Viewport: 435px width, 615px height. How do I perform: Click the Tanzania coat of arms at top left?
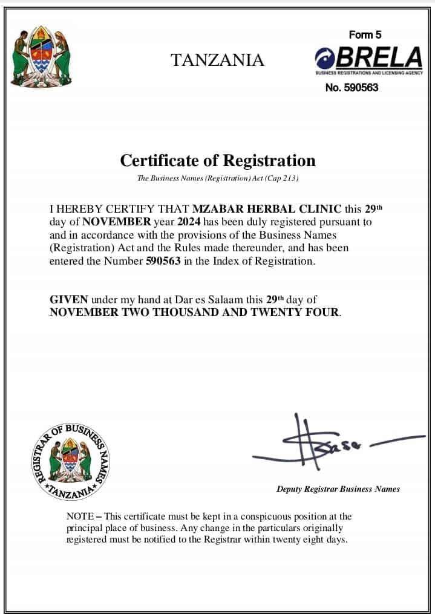41,57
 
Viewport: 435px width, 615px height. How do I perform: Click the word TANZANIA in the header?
217,60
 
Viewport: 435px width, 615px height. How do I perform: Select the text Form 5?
365,35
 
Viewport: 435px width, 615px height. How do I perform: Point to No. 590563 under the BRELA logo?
352,88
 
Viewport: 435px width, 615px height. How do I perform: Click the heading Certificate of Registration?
218,161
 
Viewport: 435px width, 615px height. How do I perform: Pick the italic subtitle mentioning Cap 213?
218,178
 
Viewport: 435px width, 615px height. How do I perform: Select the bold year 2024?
189,222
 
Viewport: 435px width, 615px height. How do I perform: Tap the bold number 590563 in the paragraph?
163,262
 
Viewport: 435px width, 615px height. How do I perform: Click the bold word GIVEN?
68,300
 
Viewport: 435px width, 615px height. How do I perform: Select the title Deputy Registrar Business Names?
338,489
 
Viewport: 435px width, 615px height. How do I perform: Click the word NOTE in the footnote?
80,517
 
